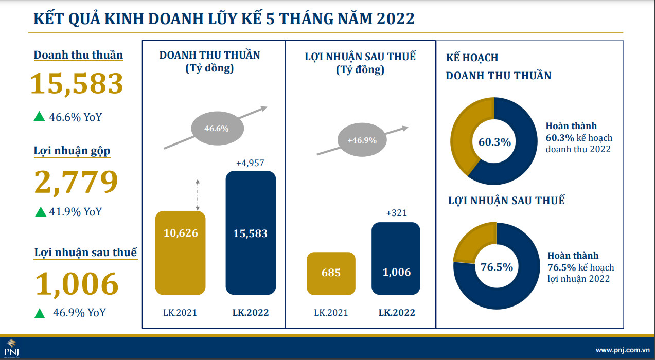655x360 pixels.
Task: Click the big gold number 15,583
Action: tap(77, 83)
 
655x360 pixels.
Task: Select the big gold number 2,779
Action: tap(76, 181)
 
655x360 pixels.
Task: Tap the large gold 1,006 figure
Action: tap(77, 283)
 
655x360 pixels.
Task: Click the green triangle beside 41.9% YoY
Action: tap(40, 211)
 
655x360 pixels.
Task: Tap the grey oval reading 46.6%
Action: tap(216, 129)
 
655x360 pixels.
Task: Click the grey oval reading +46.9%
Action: tap(362, 140)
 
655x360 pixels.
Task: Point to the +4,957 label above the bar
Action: tap(250, 163)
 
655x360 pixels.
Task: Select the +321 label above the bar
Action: tap(396, 213)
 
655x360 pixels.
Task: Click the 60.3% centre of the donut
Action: tap(494, 142)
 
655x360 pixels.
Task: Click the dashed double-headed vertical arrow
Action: tap(198, 194)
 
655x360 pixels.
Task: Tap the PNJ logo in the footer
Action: tap(11, 349)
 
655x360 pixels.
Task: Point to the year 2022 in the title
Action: tap(396, 19)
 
